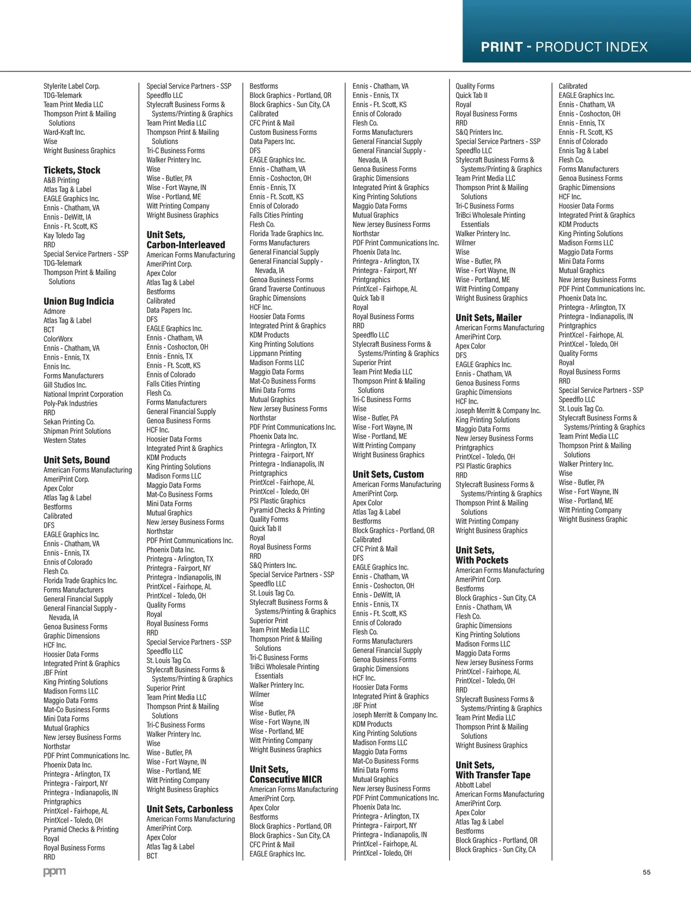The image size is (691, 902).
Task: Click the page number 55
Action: click(647, 872)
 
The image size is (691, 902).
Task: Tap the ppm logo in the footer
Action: click(55, 872)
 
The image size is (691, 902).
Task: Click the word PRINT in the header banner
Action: click(502, 47)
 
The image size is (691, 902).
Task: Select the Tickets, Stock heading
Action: click(72, 170)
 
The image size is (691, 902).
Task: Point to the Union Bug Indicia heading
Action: click(79, 301)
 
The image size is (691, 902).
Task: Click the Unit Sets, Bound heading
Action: click(77, 460)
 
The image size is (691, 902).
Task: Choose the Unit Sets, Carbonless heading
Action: click(189, 809)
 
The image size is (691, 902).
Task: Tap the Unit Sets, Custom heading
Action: click(388, 474)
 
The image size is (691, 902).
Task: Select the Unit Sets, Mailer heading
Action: click(488, 317)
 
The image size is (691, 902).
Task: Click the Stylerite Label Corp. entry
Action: click(71, 86)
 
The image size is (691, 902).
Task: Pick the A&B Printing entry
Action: click(62, 180)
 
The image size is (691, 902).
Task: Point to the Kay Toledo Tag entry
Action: click(64, 235)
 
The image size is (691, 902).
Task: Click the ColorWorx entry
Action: click(58, 339)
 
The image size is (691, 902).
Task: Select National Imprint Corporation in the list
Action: click(83, 394)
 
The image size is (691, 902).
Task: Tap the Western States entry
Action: click(64, 440)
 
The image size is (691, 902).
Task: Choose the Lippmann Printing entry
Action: click(275, 353)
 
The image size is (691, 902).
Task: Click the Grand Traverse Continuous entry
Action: click(287, 289)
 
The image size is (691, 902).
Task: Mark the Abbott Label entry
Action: click(473, 784)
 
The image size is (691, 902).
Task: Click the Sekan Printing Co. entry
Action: click(69, 422)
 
